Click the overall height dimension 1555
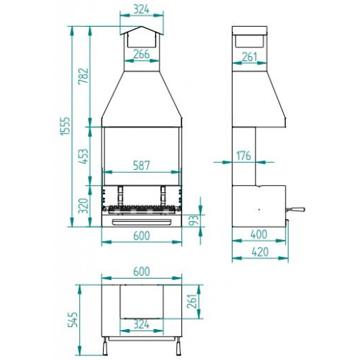pyautogui.click(x=65, y=126)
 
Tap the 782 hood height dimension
pyautogui.click(x=84, y=76)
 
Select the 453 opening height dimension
pyautogui.click(x=84, y=156)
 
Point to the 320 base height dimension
pyautogui.click(x=84, y=206)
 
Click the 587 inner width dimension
pyautogui.click(x=142, y=166)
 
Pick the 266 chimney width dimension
pyautogui.click(x=142, y=54)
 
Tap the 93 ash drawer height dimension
pyautogui.click(x=196, y=220)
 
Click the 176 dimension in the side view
pyautogui.click(x=244, y=156)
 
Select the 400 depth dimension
pyautogui.click(x=259, y=235)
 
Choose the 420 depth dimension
pyautogui.click(x=260, y=252)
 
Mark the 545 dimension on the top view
pyautogui.click(x=73, y=320)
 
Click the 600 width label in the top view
pyautogui.click(x=142, y=271)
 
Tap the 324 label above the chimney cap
pyautogui.click(x=142, y=9)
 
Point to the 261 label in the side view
pyautogui.click(x=250, y=57)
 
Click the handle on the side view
pyautogui.click(x=295, y=210)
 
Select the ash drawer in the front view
pyautogui.click(x=142, y=222)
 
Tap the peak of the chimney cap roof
pyautogui.click(x=142, y=27)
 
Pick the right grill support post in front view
pyautogui.click(x=163, y=196)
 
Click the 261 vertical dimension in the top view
pyautogui.click(x=192, y=302)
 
